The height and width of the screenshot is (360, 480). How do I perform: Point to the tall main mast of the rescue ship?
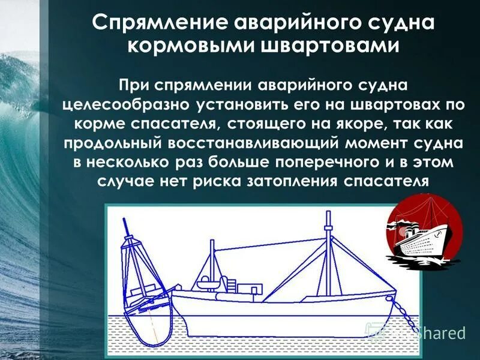(x=328, y=252)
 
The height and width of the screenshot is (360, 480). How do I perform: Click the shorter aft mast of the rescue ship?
(x=212, y=264)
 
